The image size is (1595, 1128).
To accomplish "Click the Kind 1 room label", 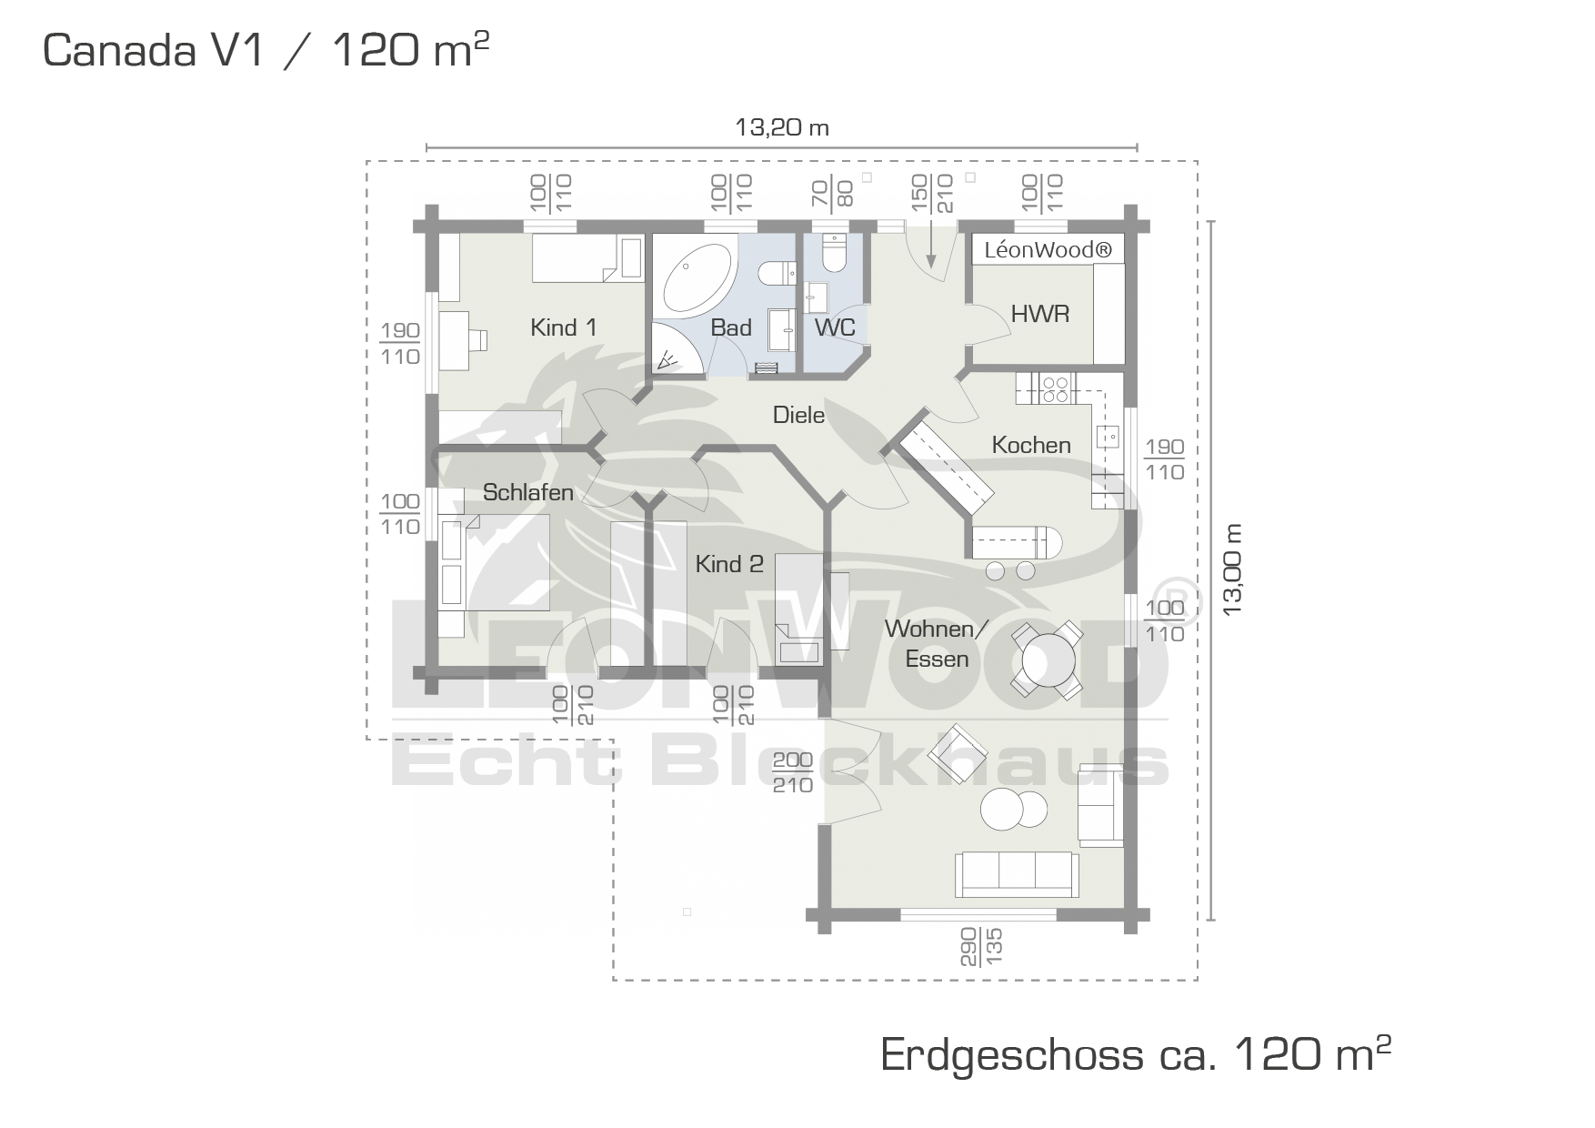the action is [564, 327].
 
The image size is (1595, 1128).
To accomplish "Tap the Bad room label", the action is [731, 327].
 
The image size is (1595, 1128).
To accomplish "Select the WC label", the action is [835, 327].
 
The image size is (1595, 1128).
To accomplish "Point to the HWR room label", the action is [1040, 314].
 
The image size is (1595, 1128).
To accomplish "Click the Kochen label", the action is [1031, 445].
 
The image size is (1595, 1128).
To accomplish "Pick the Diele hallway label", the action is [798, 415].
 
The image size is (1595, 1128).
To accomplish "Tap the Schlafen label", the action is [527, 492].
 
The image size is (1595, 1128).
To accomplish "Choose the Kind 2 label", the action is [728, 564].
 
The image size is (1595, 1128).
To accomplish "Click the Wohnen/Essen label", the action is [937, 643].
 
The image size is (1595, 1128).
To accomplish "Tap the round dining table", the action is [1048, 660].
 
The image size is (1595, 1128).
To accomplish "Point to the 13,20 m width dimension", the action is [782, 127].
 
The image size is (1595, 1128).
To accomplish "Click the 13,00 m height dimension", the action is [1232, 570].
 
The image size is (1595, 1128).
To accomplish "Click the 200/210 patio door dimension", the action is [792, 772].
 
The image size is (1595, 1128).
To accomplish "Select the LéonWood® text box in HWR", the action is [1048, 250].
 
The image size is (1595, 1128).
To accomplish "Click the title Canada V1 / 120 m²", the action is [266, 49].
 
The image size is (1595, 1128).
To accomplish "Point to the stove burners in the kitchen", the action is [1055, 389].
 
